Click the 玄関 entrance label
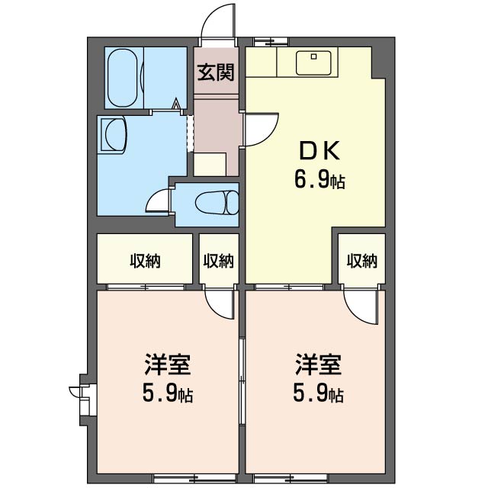tap(216, 72)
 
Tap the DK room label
tap(319, 151)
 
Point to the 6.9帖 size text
tap(319, 180)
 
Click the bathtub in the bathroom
tap(122, 78)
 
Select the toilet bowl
tap(217, 203)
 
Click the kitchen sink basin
tap(313, 63)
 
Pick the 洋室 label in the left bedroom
tap(168, 364)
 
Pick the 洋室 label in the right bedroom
tap(319, 364)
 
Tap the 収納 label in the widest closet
tap(145, 261)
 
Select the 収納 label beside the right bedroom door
tap(362, 261)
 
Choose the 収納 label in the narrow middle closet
tap(219, 261)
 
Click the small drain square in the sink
tap(313, 56)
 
